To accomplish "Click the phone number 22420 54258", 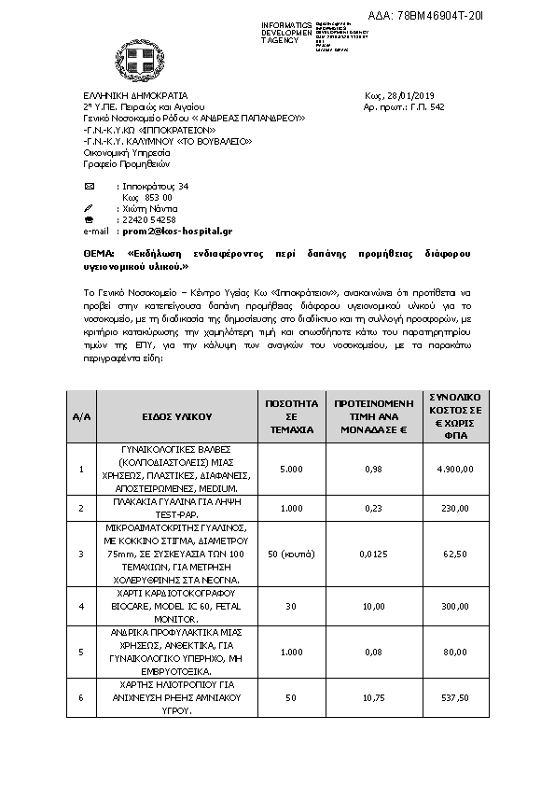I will pos(148,219).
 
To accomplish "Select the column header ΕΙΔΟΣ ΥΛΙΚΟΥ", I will pos(178,416).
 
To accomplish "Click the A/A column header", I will pos(82,416).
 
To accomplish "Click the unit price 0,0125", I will pos(373,554).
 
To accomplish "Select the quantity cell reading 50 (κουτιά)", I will pos(289,554).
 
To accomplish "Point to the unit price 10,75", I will pos(373,697).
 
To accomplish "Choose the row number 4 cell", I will pos(82,606).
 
